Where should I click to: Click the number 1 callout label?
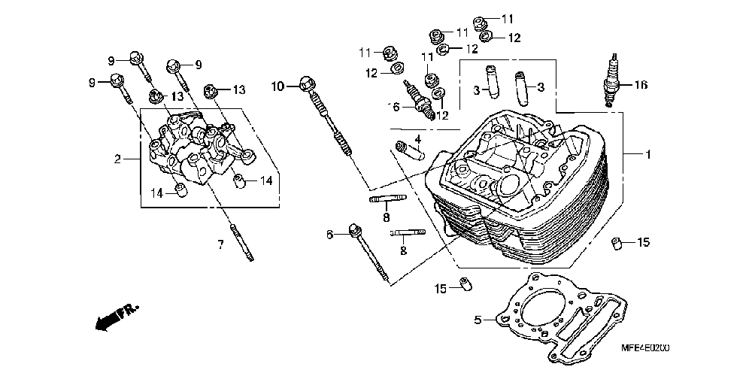click(x=647, y=154)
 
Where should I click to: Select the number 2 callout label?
click(x=117, y=159)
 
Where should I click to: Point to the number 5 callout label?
click(x=478, y=320)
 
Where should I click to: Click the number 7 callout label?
click(x=221, y=244)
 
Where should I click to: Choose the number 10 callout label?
click(x=276, y=86)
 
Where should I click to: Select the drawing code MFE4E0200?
click(x=645, y=348)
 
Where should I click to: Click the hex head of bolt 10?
click(x=305, y=84)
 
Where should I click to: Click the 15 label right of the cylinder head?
click(x=643, y=242)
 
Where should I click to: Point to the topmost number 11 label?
click(x=507, y=18)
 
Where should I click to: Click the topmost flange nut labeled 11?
click(x=482, y=21)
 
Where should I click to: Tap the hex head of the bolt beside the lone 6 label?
click(x=355, y=229)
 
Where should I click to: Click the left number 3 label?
click(x=476, y=89)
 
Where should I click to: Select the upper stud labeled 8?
click(x=387, y=199)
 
